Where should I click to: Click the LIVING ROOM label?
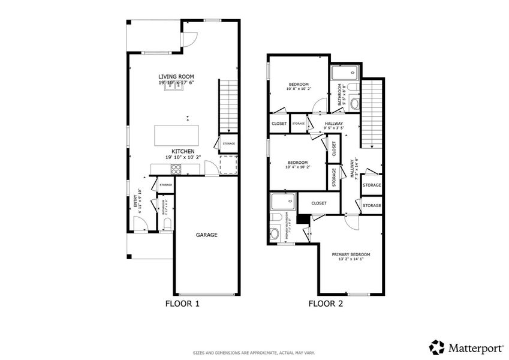(x=176, y=76)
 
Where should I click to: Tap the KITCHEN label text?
(x=183, y=151)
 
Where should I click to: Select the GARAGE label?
(x=207, y=235)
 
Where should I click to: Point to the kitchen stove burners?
(x=176, y=169)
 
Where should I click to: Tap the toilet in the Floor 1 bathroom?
(x=167, y=224)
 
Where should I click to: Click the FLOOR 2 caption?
(x=326, y=304)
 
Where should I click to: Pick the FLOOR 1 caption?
(x=182, y=304)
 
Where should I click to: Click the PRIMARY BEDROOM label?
(x=351, y=254)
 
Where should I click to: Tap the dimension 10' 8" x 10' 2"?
(x=298, y=89)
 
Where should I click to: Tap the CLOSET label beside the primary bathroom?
(x=319, y=203)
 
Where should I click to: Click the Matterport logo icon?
(x=436, y=347)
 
